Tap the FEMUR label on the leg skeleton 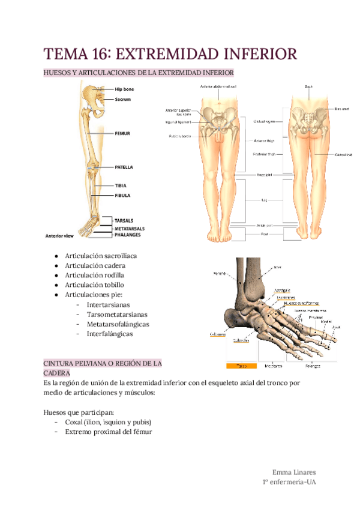click(x=122, y=133)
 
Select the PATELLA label click(x=124, y=167)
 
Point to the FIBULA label click(x=122, y=195)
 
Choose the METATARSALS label click(x=130, y=228)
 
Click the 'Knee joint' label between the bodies click(x=265, y=175)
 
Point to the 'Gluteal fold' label click(x=342, y=154)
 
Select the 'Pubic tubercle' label click(x=180, y=136)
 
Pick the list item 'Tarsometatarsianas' click(x=117, y=314)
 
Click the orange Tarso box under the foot click(x=241, y=365)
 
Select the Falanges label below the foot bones click(x=312, y=365)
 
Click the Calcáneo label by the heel click(x=217, y=334)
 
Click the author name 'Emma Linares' click(x=294, y=472)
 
